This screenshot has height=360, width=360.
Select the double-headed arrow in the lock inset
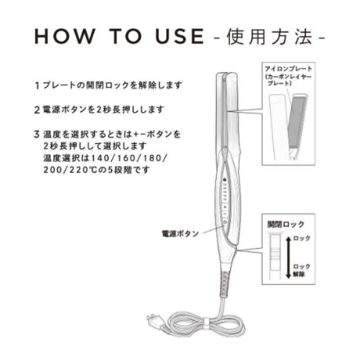(x=287, y=254)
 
